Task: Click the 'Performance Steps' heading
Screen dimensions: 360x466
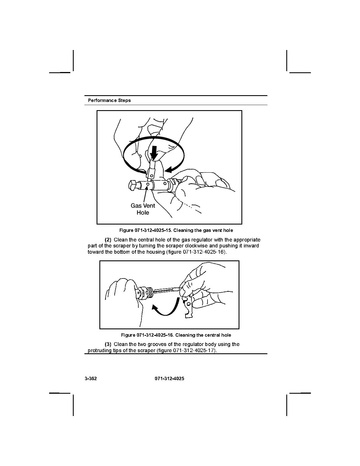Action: pos(109,100)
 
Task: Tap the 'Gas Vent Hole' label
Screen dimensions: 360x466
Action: pos(143,209)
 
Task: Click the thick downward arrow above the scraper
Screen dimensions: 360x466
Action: pos(154,153)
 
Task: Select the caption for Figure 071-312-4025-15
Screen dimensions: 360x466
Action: pos(176,230)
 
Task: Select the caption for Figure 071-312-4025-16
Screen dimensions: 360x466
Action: pos(176,335)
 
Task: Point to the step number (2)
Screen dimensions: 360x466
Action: pos(108,240)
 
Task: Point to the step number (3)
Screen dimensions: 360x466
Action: pos(108,344)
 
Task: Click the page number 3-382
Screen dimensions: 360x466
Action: pos(91,379)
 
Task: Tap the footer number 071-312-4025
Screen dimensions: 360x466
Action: pos(170,379)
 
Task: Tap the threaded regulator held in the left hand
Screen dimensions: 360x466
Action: pos(144,293)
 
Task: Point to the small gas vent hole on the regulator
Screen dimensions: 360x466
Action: pos(147,184)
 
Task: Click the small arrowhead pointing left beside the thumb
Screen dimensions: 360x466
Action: pos(170,170)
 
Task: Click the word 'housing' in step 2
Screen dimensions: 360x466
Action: pos(157,252)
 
